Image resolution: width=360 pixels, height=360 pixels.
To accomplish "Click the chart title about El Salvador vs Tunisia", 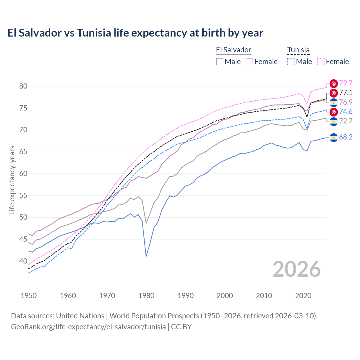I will pyautogui.click(x=135, y=33).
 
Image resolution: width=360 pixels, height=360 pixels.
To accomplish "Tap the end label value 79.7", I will pyautogui.click(x=346, y=83).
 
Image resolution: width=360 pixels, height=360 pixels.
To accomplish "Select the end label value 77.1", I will pyautogui.click(x=346, y=93).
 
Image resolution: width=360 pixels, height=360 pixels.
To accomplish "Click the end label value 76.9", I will pyautogui.click(x=346, y=102).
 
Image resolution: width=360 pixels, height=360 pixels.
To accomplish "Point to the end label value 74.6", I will pyautogui.click(x=346, y=111).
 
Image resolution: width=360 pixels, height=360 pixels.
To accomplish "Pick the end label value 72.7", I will pyautogui.click(x=346, y=121).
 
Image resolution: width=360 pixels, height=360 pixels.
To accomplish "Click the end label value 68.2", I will pyautogui.click(x=346, y=137).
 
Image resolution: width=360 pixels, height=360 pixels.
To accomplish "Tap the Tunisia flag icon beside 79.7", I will pyautogui.click(x=334, y=84).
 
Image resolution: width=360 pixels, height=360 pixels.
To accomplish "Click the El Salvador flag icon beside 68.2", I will pyautogui.click(x=334, y=138).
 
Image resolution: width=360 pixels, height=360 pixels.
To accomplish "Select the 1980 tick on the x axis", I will pyautogui.click(x=146, y=296).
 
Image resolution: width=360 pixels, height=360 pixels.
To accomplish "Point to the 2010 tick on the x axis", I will pyautogui.click(x=264, y=296).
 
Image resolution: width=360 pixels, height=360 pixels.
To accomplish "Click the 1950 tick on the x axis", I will pyautogui.click(x=29, y=296).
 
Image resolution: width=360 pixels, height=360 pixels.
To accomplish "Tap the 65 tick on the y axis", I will pyautogui.click(x=23, y=152).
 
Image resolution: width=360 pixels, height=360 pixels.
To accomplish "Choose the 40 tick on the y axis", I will pyautogui.click(x=23, y=261).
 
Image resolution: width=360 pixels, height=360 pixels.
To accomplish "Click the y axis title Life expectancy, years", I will pyautogui.click(x=12, y=180).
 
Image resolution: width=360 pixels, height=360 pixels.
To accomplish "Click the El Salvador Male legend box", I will pyautogui.click(x=220, y=62).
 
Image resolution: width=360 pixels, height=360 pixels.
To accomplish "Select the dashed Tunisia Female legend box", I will pyautogui.click(x=321, y=62).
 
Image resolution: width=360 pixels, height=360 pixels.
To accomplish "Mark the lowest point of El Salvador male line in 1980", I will pyautogui.click(x=146, y=256).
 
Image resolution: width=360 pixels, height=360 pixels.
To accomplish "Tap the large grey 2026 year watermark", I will pyautogui.click(x=296, y=269).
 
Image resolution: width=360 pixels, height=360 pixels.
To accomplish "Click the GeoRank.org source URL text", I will pyautogui.click(x=88, y=327).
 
